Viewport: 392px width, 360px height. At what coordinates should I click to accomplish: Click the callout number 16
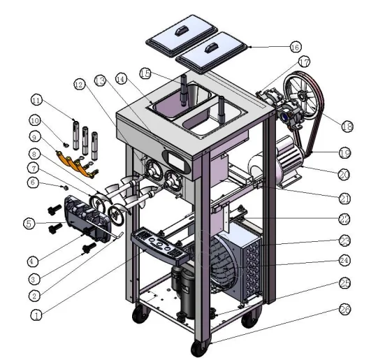(295, 47)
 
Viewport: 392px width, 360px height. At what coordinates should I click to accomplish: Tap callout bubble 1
(37, 315)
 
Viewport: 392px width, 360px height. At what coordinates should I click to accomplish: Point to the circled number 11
(36, 99)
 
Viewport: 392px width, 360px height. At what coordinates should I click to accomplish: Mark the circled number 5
(29, 224)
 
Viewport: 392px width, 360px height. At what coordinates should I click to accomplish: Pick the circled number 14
(122, 80)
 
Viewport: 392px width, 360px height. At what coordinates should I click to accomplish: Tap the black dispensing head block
(84, 216)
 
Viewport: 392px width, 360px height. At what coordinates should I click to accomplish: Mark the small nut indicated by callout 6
(66, 187)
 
